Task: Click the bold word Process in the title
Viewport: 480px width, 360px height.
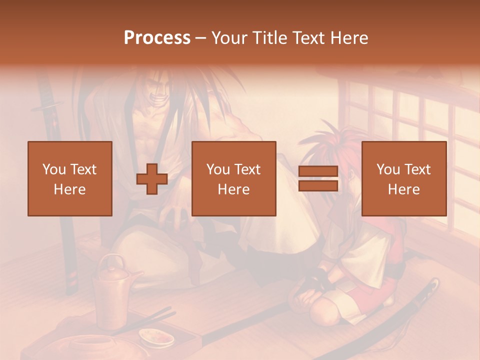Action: click(x=157, y=38)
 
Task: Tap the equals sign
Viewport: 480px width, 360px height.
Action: click(x=318, y=179)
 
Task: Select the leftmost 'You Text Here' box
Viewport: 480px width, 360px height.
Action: click(x=69, y=178)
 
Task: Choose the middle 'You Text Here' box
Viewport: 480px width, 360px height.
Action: click(x=233, y=178)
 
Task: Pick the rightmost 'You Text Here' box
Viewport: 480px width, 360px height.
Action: click(x=403, y=178)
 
